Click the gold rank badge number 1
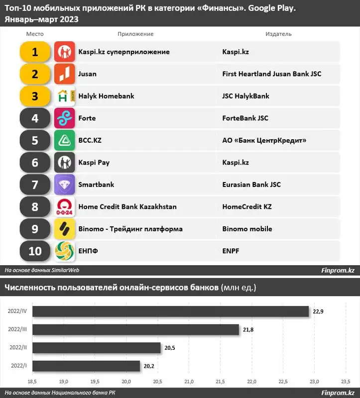click(35, 52)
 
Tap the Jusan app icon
click(64, 74)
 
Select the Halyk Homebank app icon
click(64, 96)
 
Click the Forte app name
click(87, 118)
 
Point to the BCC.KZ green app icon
click(64, 140)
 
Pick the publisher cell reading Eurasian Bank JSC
click(251, 185)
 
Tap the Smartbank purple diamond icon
click(64, 185)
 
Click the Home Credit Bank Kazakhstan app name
click(127, 206)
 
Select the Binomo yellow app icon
click(64, 229)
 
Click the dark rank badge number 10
click(35, 251)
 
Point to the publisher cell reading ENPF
click(231, 251)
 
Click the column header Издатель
click(279, 34)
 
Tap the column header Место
click(35, 34)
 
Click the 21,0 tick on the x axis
click(189, 381)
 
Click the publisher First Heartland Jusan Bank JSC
click(272, 74)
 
